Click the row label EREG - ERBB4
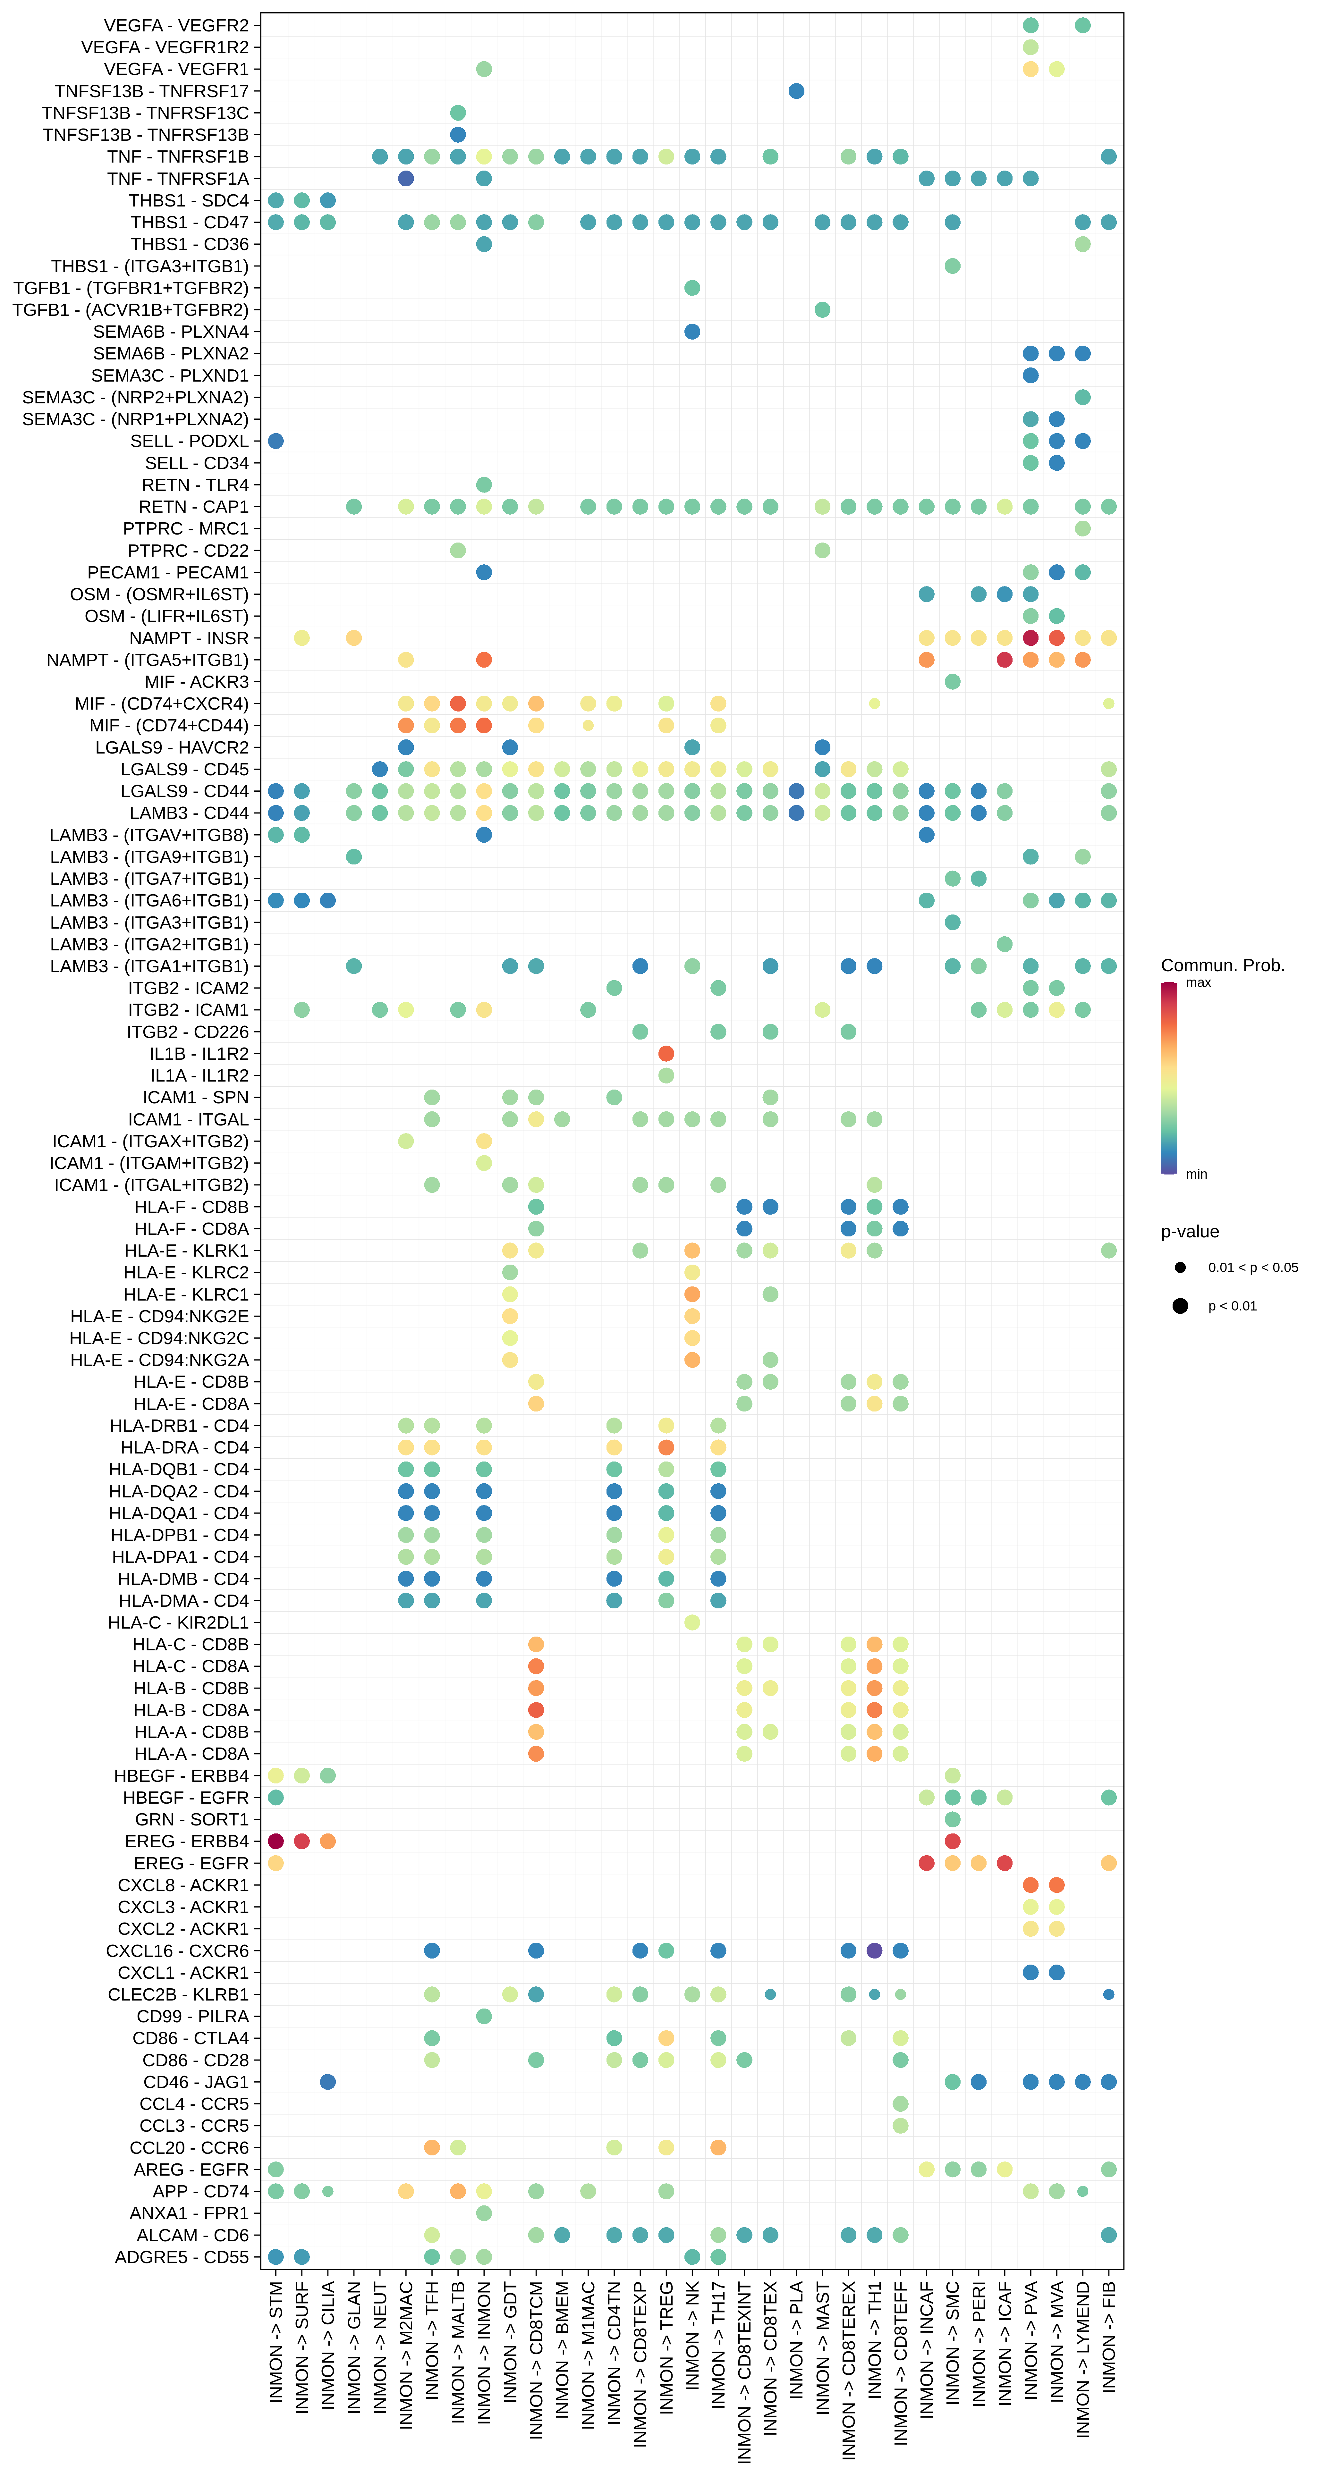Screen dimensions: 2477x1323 [x=187, y=1841]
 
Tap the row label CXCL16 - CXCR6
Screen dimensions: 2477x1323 [x=177, y=1951]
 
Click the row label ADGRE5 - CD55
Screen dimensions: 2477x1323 [x=182, y=2257]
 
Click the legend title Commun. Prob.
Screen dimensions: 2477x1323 [x=1222, y=965]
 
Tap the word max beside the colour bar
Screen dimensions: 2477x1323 [x=1198, y=983]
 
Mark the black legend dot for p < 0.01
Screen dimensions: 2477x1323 [x=1180, y=1306]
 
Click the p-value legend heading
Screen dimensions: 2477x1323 [x=1189, y=1232]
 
